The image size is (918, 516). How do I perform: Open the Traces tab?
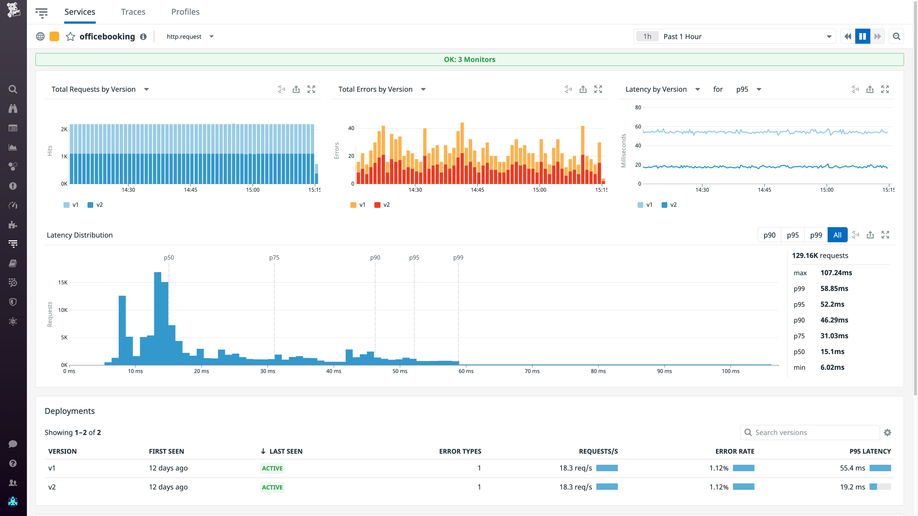tap(133, 12)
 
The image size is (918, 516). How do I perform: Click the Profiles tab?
tap(185, 12)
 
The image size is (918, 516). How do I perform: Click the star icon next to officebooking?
tap(70, 37)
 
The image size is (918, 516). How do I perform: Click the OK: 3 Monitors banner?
tap(469, 59)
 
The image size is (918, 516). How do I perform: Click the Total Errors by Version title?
tap(375, 89)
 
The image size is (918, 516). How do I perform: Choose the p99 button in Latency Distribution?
tap(816, 235)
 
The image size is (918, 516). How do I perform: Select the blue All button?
tap(837, 235)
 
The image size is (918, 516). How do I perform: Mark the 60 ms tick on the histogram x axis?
tap(466, 371)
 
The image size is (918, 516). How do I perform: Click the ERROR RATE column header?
tap(734, 451)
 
